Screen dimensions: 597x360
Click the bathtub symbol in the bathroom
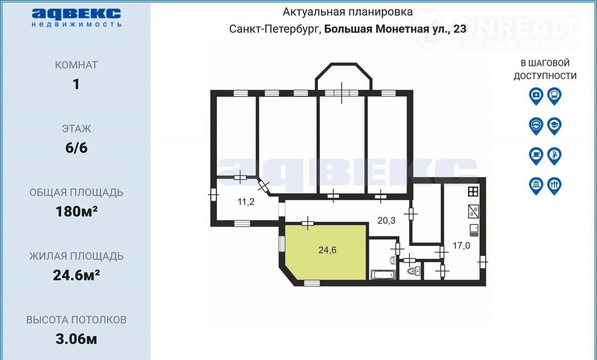pyautogui.click(x=383, y=275)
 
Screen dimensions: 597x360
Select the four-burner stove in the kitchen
pyautogui.click(x=473, y=192)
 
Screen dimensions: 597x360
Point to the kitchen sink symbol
pyautogui.click(x=473, y=212)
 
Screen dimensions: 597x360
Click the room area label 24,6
pyautogui.click(x=327, y=250)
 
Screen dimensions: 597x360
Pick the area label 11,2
pyautogui.click(x=246, y=202)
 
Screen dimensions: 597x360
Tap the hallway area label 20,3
pyautogui.click(x=387, y=221)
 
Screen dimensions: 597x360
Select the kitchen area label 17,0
pyautogui.click(x=461, y=245)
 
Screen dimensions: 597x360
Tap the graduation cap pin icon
pyautogui.click(x=555, y=126)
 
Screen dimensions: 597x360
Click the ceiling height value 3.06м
pyautogui.click(x=76, y=339)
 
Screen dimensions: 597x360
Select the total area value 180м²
pyautogui.click(x=76, y=212)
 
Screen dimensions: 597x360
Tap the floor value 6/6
pyautogui.click(x=76, y=148)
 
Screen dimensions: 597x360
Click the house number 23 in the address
pyautogui.click(x=460, y=29)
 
